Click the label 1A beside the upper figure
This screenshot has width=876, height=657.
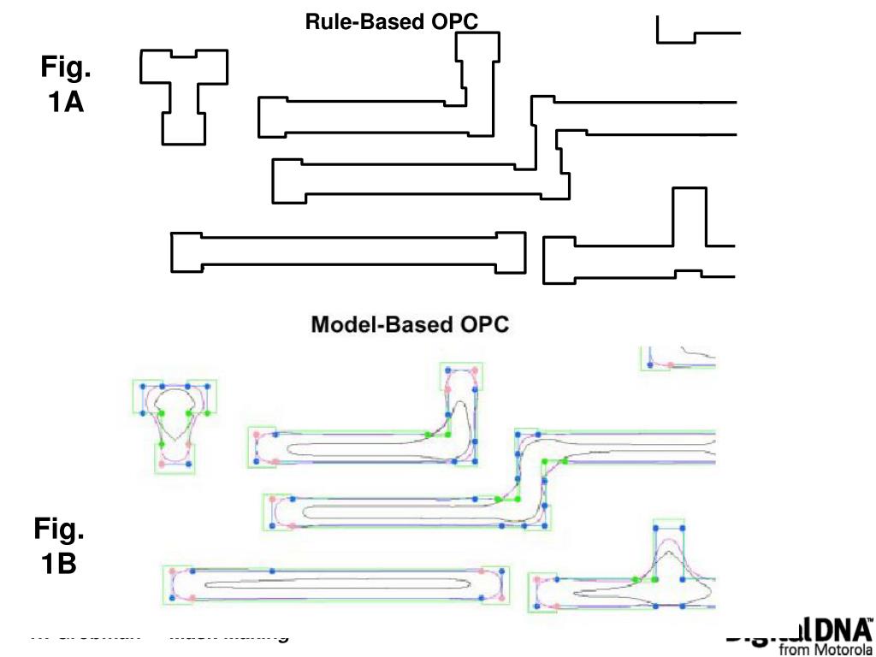(66, 103)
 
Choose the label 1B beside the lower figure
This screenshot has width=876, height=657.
(59, 565)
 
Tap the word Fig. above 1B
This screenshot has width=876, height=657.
(59, 530)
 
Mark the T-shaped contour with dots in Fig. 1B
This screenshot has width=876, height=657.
(175, 423)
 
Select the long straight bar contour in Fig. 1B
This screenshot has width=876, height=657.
(335, 586)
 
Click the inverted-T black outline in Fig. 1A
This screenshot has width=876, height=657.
(642, 248)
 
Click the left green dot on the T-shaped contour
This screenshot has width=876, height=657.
(162, 413)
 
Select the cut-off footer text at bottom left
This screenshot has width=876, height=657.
(158, 635)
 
